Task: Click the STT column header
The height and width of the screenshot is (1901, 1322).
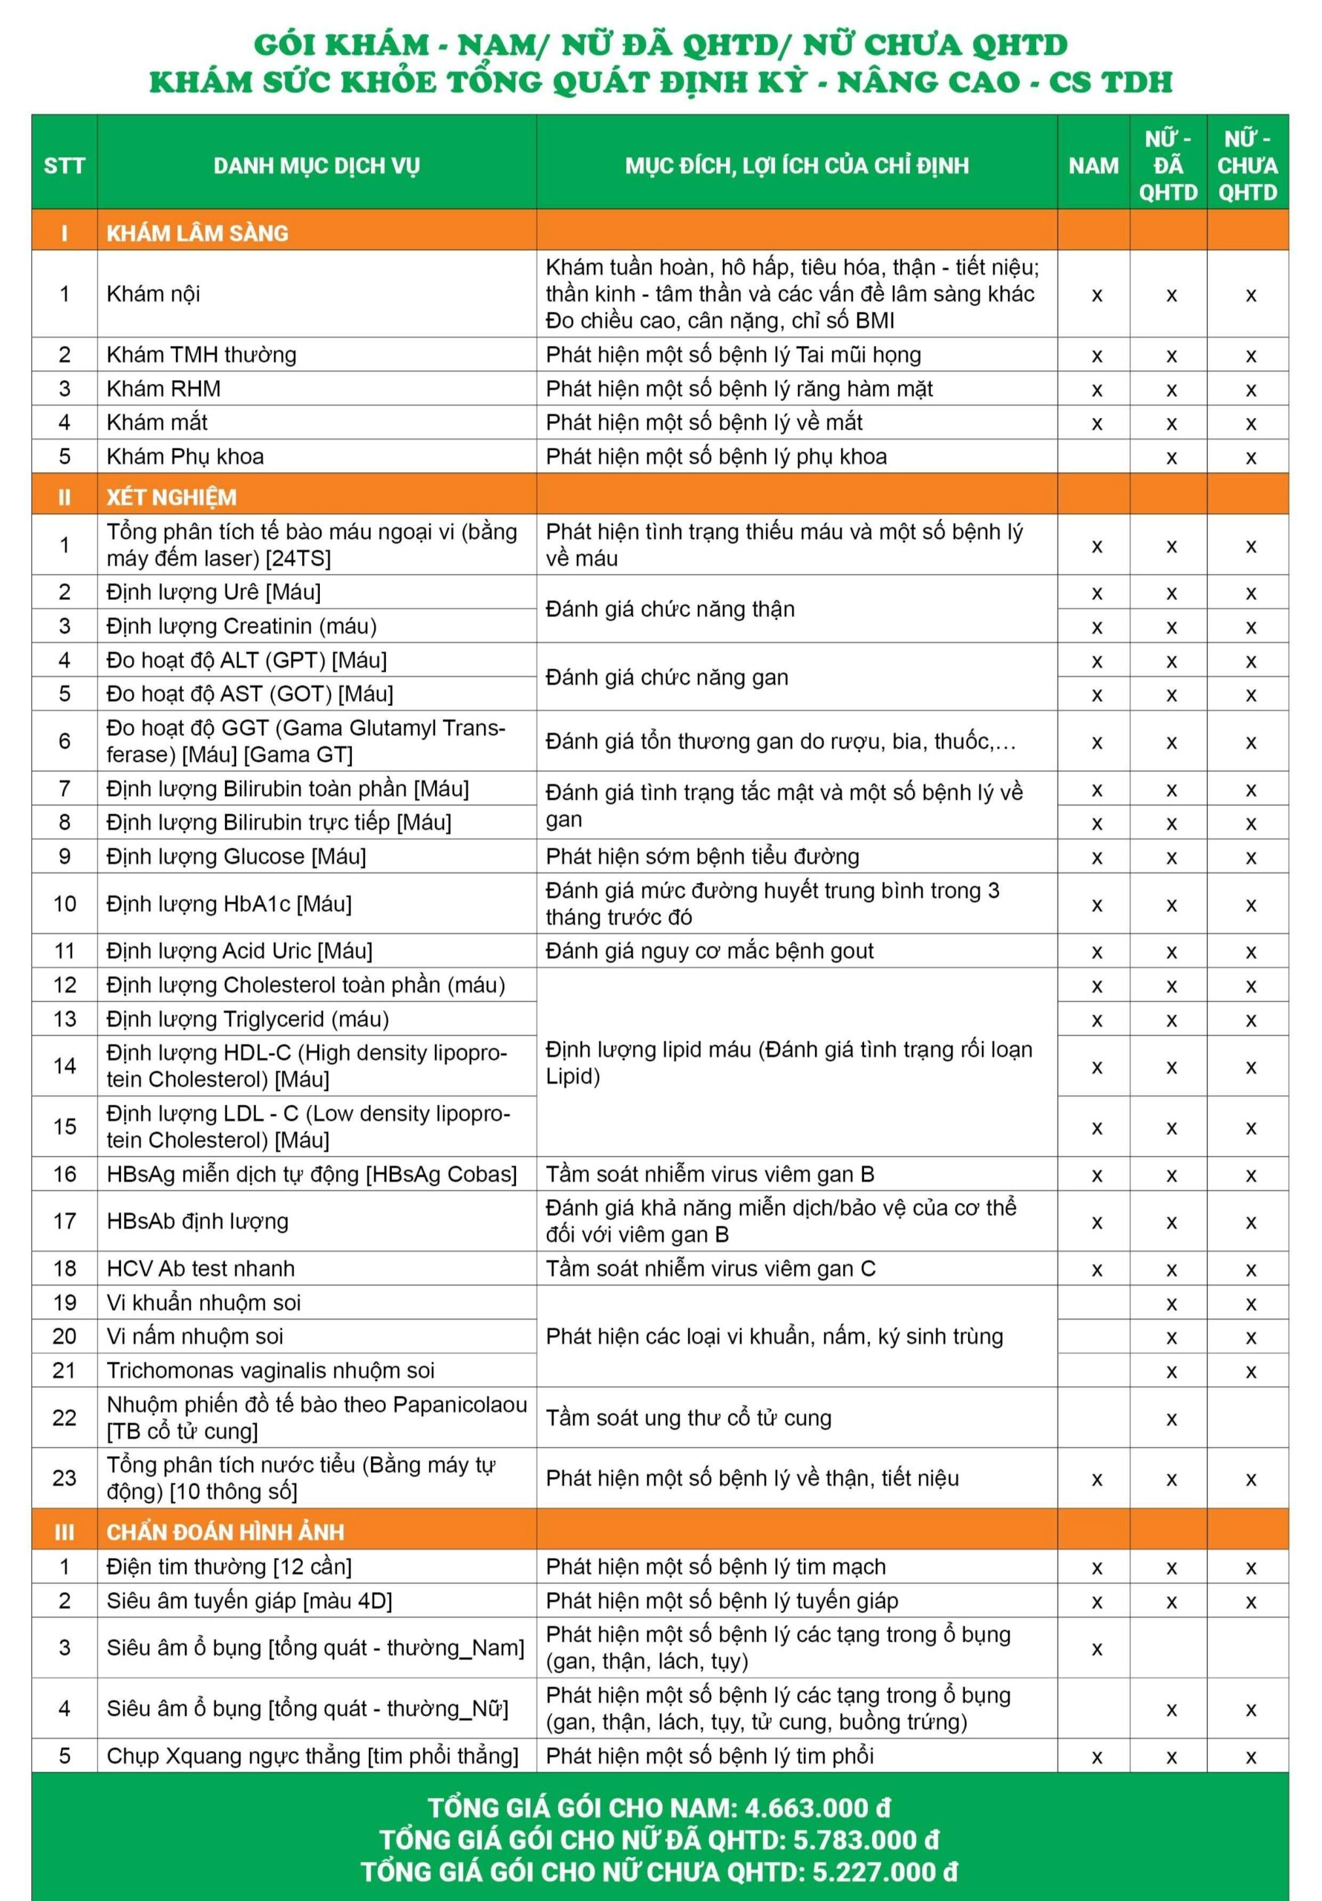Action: (x=65, y=166)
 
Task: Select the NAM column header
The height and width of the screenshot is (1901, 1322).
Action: (x=1093, y=166)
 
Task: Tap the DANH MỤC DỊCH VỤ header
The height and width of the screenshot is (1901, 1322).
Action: (x=316, y=166)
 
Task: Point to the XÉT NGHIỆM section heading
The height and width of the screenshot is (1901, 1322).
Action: (x=171, y=497)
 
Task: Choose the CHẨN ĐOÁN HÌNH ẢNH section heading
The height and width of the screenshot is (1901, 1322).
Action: (x=225, y=1532)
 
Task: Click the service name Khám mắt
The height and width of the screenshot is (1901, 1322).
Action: (x=157, y=423)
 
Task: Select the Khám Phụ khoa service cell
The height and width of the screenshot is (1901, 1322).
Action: (x=186, y=456)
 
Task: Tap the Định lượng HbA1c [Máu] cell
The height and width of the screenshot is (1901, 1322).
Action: (x=229, y=903)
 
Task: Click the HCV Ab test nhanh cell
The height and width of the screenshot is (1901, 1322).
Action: (x=200, y=1268)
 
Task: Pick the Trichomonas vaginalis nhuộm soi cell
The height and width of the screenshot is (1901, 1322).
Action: (x=271, y=1370)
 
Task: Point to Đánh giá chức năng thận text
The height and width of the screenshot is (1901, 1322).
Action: (x=670, y=609)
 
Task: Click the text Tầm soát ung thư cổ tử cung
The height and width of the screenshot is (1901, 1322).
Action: (x=689, y=1418)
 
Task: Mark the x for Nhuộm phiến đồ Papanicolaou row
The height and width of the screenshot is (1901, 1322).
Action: (x=1171, y=1419)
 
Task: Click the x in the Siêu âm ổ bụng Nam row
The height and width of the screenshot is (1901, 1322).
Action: (x=1097, y=1649)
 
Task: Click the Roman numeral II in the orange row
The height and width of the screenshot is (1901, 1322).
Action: (x=65, y=497)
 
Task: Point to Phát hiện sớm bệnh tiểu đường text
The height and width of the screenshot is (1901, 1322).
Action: (x=703, y=856)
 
